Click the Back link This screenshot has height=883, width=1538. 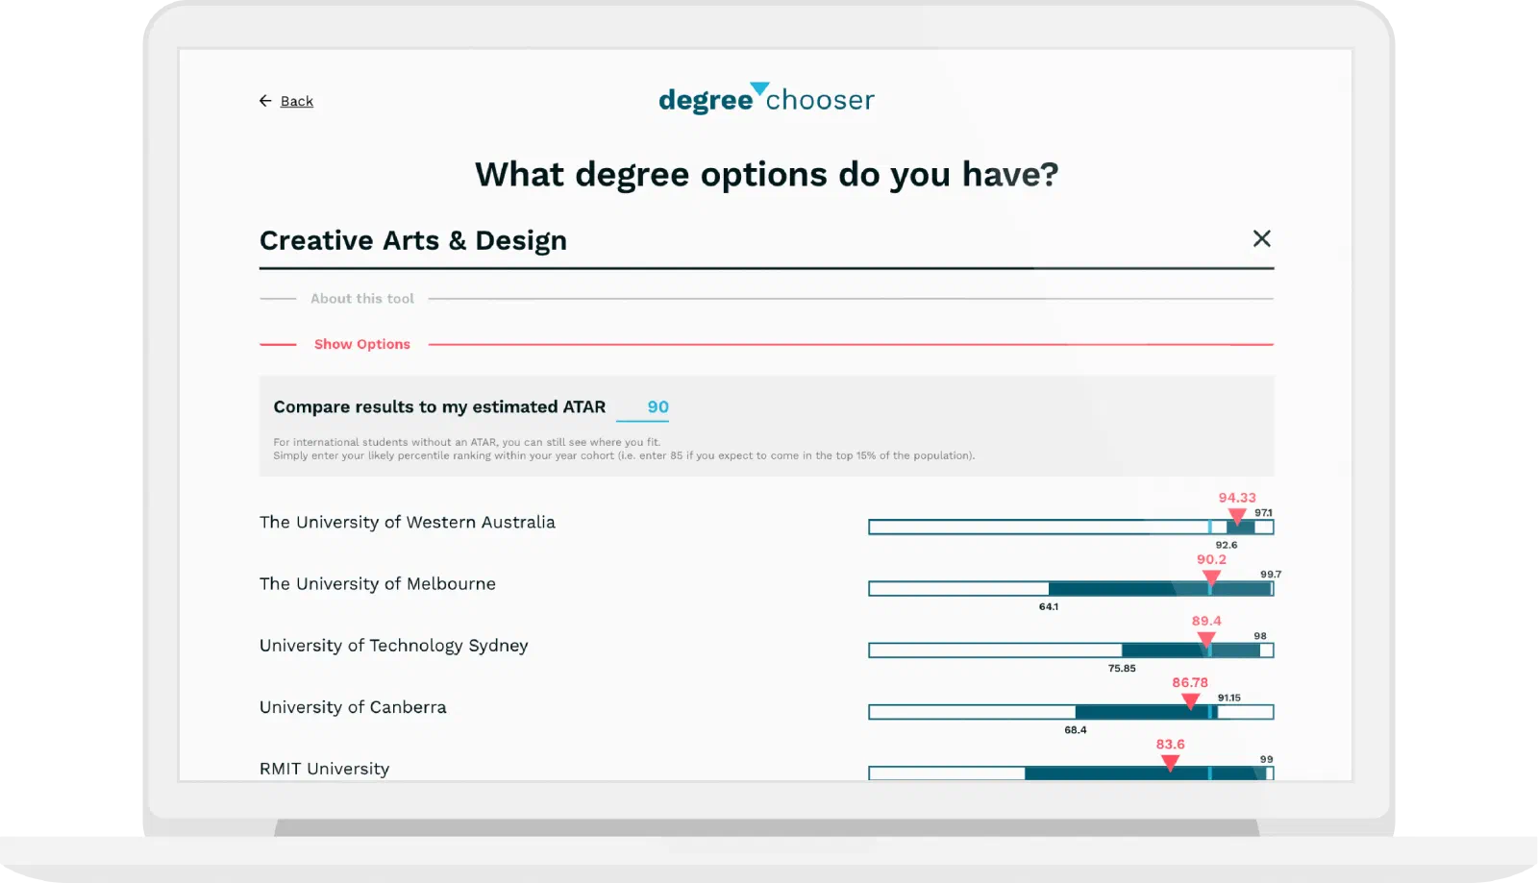[286, 101]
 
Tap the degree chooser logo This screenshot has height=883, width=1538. [766, 98]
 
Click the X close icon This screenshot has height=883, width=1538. [1261, 238]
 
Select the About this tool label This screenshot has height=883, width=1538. [361, 299]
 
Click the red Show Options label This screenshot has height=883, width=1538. [361, 344]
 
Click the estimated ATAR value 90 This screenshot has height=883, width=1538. [657, 406]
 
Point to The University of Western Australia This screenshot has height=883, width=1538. [408, 522]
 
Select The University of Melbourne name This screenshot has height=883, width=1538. [378, 584]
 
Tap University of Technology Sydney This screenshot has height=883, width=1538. [393, 646]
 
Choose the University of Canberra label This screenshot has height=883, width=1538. [353, 707]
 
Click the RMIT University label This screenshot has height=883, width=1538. [324, 769]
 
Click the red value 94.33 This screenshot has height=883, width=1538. [1237, 498]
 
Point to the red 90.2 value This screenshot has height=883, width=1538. [1211, 559]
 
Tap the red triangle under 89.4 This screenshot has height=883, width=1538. [1206, 640]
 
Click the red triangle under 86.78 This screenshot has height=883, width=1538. [1190, 701]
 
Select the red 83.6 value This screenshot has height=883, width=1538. [1170, 745]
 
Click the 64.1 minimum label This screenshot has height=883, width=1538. [1049, 606]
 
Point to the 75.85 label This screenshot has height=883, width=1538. [1122, 668]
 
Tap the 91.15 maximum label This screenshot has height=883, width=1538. [1229, 698]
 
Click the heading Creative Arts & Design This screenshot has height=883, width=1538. [413, 240]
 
